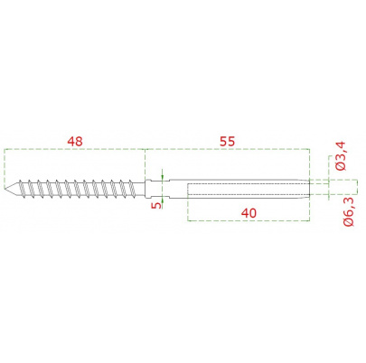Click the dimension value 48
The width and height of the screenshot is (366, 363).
(x=75, y=141)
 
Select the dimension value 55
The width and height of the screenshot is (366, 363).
(x=227, y=141)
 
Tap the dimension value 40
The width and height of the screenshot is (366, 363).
(x=249, y=213)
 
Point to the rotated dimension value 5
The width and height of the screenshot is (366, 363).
(x=156, y=205)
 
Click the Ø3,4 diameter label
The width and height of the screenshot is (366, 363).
(x=341, y=156)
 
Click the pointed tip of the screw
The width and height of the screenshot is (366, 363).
(x=5, y=189)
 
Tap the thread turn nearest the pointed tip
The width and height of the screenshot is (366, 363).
(x=21, y=189)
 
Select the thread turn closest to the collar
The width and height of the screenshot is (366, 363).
(x=132, y=189)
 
